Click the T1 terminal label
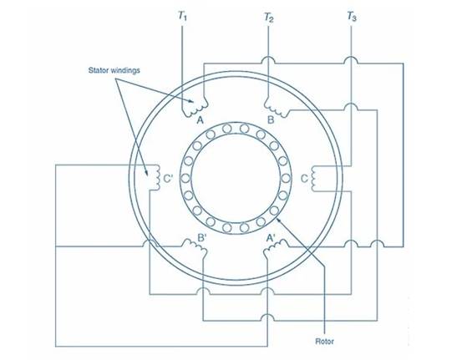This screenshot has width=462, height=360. tap(182, 16)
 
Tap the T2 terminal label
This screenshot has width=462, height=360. tap(268, 17)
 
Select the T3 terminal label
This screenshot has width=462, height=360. tap(352, 16)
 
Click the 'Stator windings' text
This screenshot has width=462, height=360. tap(114, 70)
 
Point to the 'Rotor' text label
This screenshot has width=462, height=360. tap(324, 342)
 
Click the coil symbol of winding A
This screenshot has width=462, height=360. tap(195, 108)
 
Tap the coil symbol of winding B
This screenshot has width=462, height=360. tap(277, 108)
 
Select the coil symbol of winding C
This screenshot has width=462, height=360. tap(313, 179)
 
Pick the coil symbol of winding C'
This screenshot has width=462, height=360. tap(157, 177)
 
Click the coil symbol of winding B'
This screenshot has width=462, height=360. tap(195, 246)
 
